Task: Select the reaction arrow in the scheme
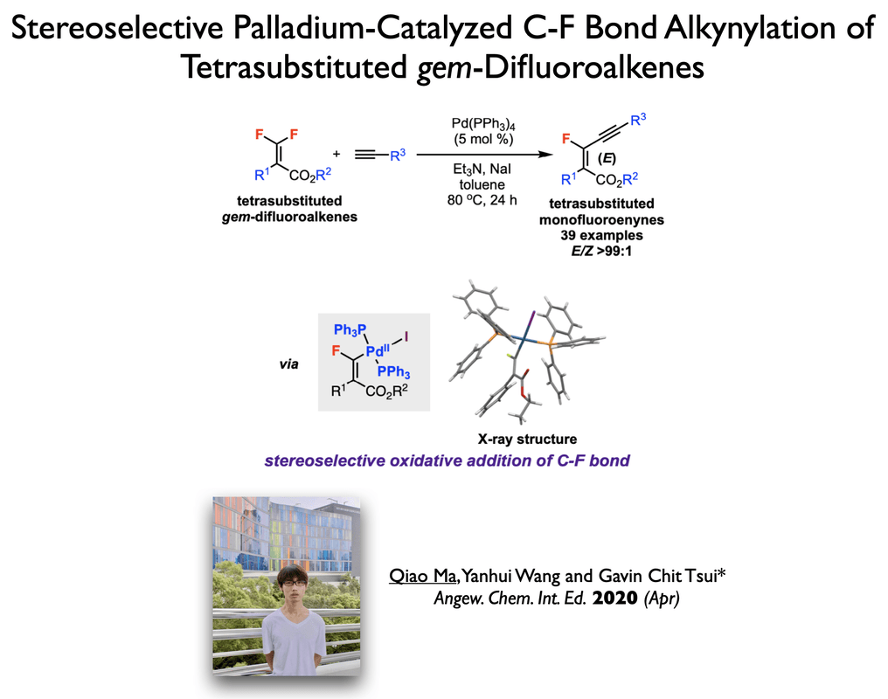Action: click(485, 156)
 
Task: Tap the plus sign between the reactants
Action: click(336, 154)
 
